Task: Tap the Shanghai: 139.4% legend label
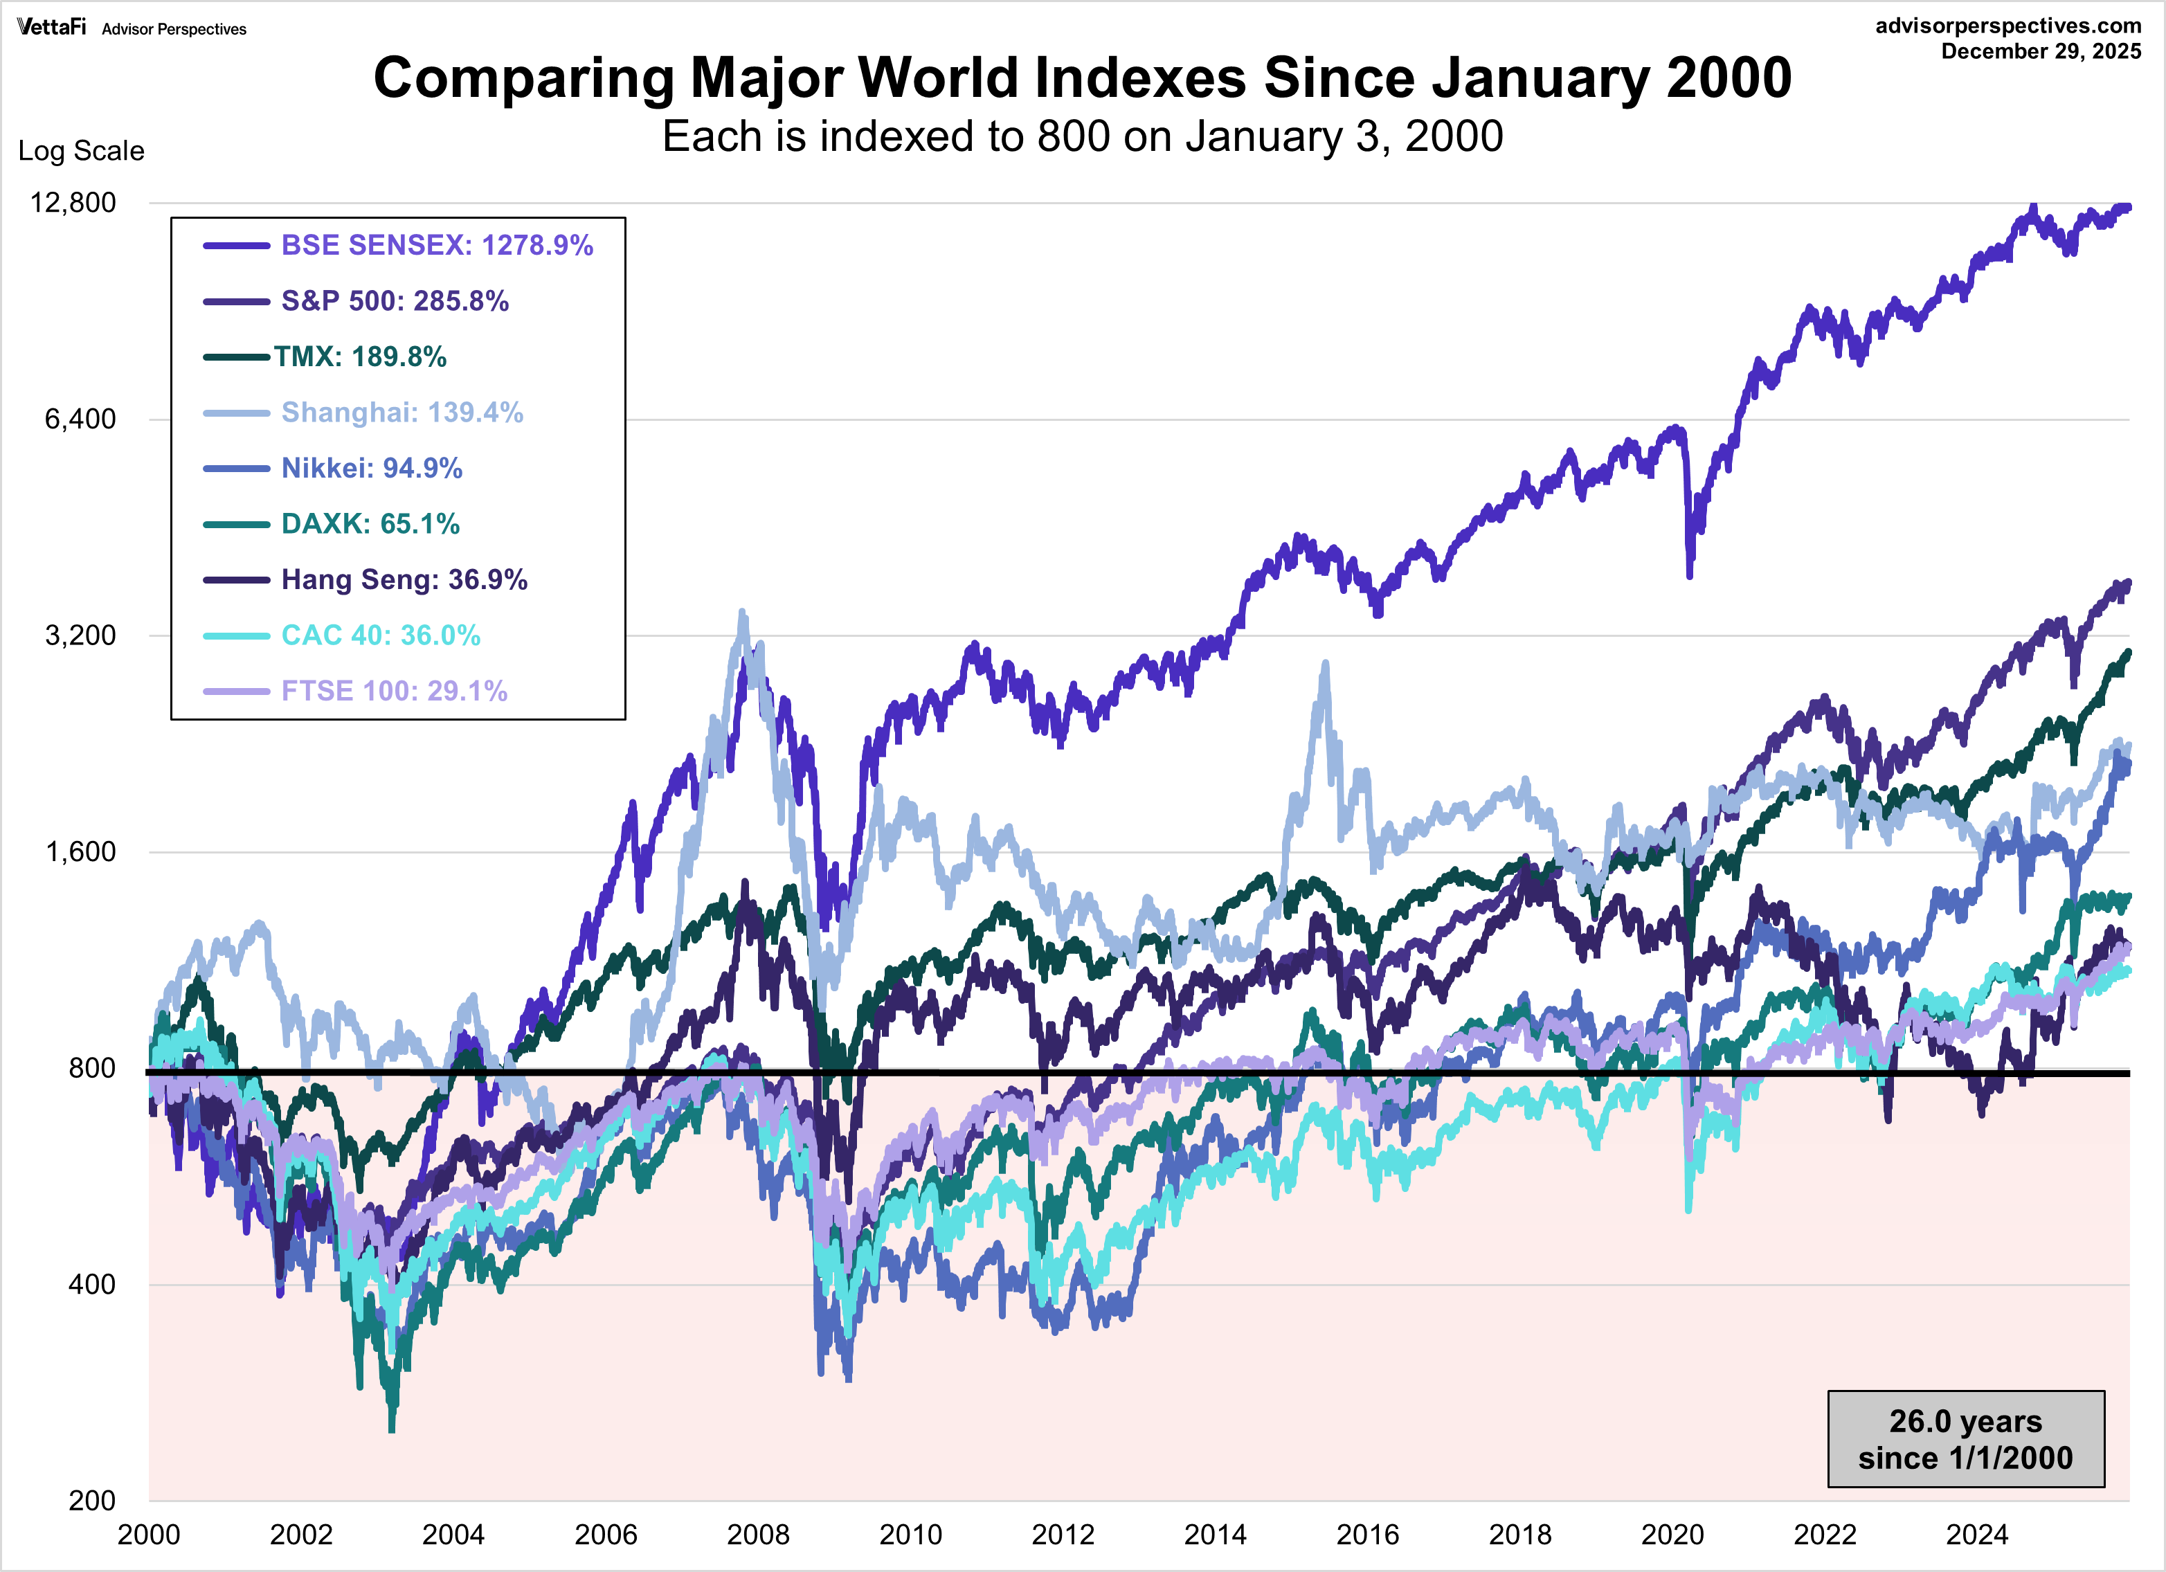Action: pos(402,413)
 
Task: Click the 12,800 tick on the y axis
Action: pos(73,202)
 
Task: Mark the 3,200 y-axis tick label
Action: pos(80,635)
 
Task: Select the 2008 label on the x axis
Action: pos(757,1535)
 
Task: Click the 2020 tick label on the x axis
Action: pos(1672,1535)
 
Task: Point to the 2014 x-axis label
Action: pos(1215,1535)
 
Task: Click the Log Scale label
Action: pos(81,151)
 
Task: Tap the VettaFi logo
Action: pos(51,27)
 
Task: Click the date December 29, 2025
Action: pos(2041,52)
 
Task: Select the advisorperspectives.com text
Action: pos(2008,26)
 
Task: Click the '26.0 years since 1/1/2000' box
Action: pos(1965,1439)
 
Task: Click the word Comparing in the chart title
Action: pos(523,78)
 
